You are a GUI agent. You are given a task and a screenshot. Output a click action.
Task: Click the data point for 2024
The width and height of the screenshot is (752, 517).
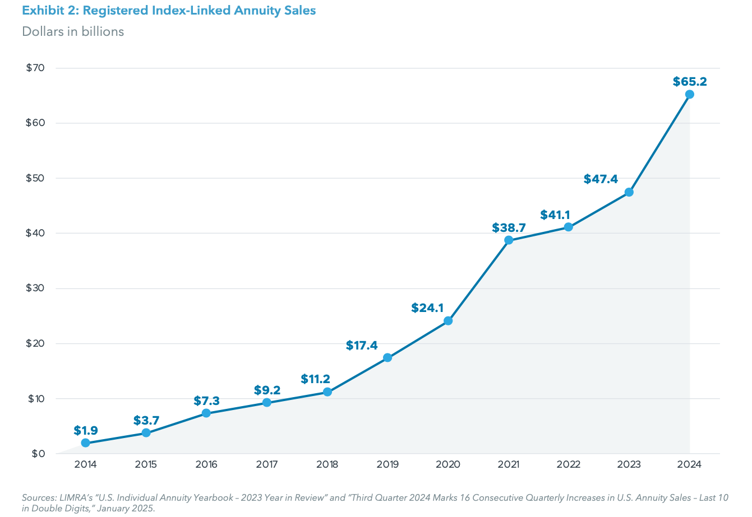[x=689, y=94]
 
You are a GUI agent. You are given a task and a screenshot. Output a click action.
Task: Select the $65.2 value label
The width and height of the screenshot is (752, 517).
[x=689, y=82]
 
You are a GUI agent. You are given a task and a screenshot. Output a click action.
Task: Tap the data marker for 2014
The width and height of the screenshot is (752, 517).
[x=85, y=443]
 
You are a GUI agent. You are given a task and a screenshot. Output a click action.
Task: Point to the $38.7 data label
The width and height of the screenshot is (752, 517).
[x=509, y=227]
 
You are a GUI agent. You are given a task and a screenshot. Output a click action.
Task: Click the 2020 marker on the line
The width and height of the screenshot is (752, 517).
[x=448, y=321]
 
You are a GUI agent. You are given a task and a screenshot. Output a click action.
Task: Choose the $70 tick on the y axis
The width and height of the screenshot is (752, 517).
[x=35, y=68]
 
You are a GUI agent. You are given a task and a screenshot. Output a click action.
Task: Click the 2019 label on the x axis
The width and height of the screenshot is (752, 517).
[x=387, y=464]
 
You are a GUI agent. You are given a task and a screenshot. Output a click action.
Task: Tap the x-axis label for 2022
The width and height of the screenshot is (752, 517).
[x=569, y=464]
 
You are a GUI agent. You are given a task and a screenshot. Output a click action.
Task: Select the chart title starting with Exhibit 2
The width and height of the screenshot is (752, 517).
[x=169, y=10]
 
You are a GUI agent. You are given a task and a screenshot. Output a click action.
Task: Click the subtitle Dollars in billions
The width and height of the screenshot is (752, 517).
[x=73, y=31]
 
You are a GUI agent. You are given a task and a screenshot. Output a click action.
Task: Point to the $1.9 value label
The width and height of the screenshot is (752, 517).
[x=86, y=431]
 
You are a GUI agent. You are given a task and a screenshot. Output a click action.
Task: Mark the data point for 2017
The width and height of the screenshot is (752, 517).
[x=267, y=402]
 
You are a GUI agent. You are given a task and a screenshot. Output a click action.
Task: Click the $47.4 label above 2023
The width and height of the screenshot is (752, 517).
[x=601, y=179]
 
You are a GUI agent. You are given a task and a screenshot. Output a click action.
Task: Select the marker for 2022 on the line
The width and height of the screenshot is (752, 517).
[x=569, y=227]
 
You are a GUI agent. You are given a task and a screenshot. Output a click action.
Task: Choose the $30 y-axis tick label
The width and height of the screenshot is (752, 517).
[x=35, y=288]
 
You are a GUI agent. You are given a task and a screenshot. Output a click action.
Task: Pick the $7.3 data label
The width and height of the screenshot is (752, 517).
[x=206, y=401]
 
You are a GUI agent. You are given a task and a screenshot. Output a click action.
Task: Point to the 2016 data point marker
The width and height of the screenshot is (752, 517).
[x=206, y=413]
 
